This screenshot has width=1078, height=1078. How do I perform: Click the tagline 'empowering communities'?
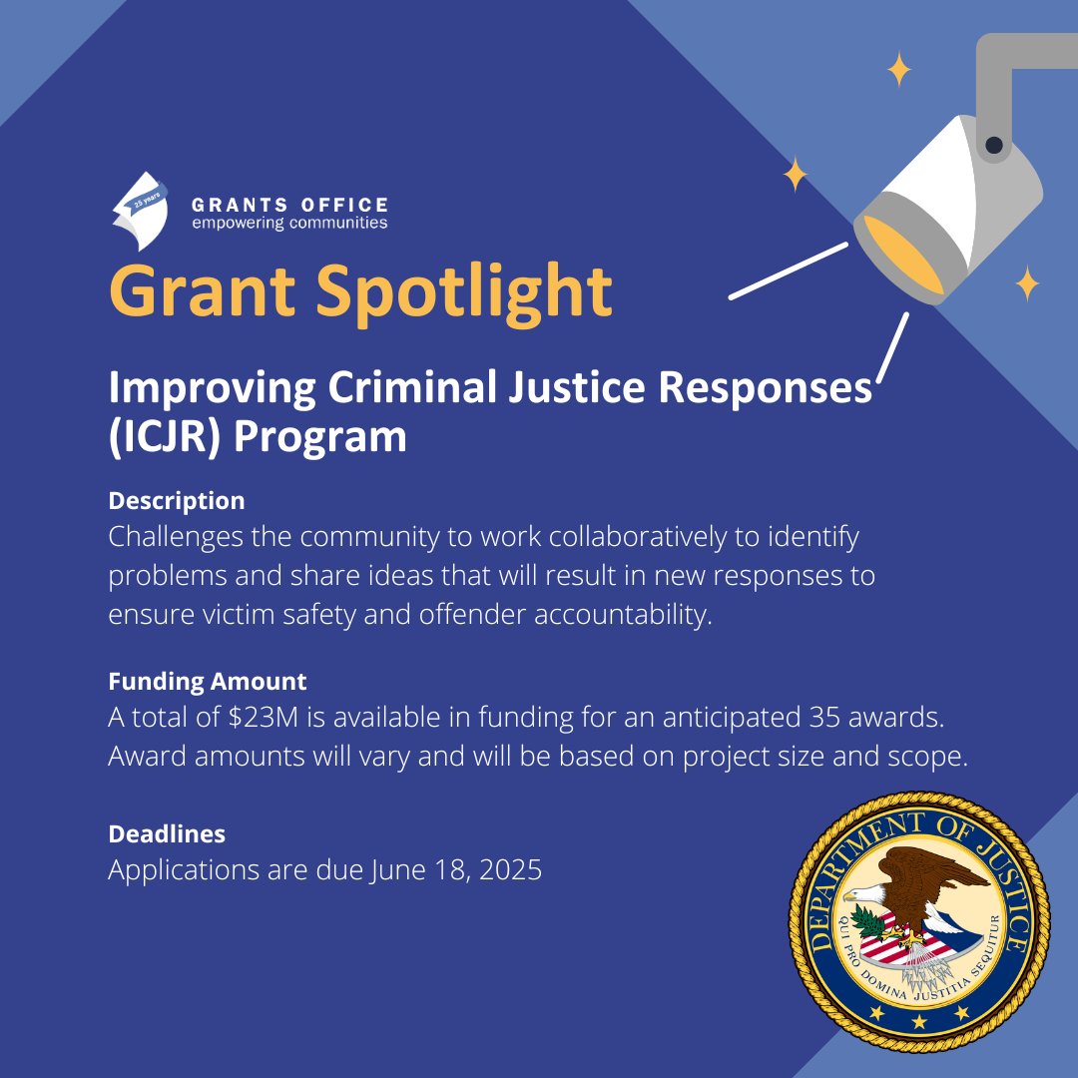coord(289,223)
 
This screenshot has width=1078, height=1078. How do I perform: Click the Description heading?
coord(176,500)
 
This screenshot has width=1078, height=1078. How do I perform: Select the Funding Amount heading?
coord(207,682)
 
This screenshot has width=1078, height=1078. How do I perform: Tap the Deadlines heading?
coord(166,833)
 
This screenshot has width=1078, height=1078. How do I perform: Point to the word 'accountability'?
coord(624,615)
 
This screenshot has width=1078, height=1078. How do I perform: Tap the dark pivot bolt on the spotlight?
coord(993,147)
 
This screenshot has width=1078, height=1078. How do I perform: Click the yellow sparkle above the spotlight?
coord(899,70)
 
